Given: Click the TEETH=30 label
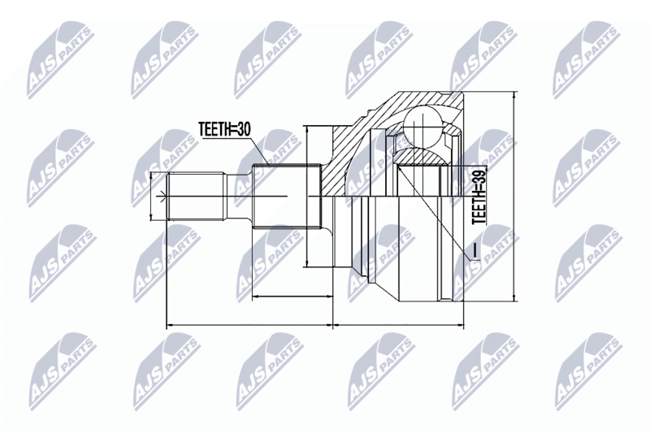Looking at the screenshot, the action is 224,129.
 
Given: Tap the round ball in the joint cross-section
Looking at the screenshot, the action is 422,124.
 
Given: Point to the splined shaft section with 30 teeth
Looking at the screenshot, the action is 287,196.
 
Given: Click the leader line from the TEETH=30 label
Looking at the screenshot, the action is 258,151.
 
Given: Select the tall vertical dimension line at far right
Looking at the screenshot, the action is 514,196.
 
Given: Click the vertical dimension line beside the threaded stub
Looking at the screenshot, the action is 151,196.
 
